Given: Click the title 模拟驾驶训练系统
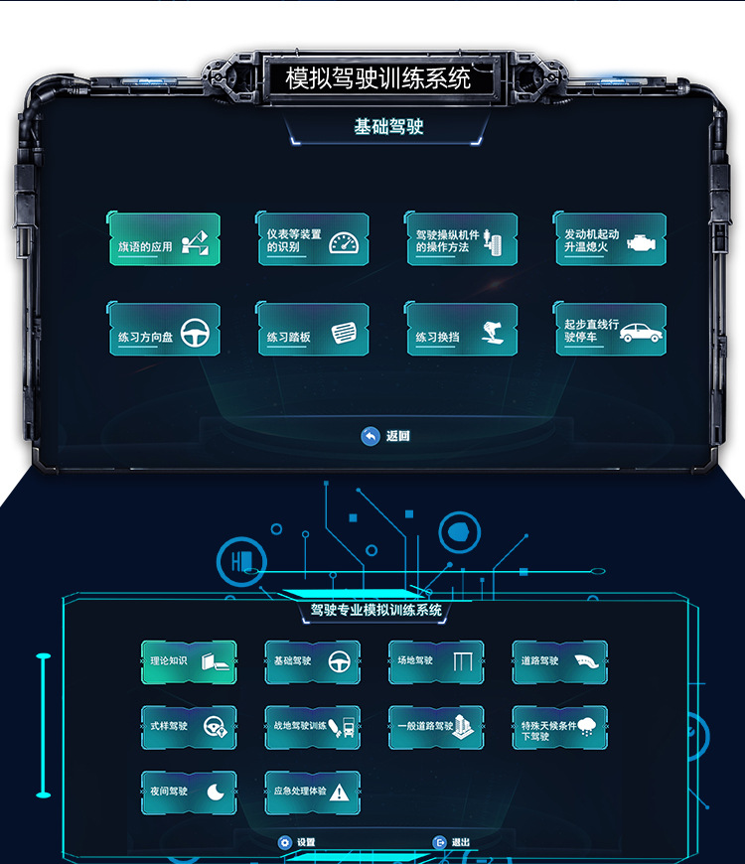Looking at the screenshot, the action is pyautogui.click(x=377, y=78).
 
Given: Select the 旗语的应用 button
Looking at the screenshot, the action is pyautogui.click(x=165, y=240).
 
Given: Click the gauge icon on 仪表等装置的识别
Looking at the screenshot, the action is pyautogui.click(x=342, y=241).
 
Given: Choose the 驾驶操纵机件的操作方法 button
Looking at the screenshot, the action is pyautogui.click(x=461, y=240).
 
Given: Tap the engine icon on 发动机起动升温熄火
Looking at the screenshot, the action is pyautogui.click(x=639, y=241).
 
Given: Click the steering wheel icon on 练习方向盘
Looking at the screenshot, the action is pyautogui.click(x=195, y=331).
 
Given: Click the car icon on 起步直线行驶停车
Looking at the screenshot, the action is pyautogui.click(x=641, y=332).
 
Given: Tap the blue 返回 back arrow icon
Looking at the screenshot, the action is pyautogui.click(x=371, y=436).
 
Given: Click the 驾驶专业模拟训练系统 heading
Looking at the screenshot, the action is pyautogui.click(x=375, y=611).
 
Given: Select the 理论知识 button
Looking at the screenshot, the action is pyautogui.click(x=189, y=661).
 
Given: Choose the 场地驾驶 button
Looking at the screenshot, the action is pyautogui.click(x=436, y=661).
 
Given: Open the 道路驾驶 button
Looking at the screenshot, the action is pyautogui.click(x=559, y=661).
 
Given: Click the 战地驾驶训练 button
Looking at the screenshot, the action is pyautogui.click(x=312, y=727).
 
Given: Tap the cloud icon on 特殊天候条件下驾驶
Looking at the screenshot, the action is pyautogui.click(x=587, y=724).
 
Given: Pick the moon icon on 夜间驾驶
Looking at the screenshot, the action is pyautogui.click(x=216, y=792).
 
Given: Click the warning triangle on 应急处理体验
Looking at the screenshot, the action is pyautogui.click(x=339, y=792).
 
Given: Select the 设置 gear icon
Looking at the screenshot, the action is pyautogui.click(x=285, y=842).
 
